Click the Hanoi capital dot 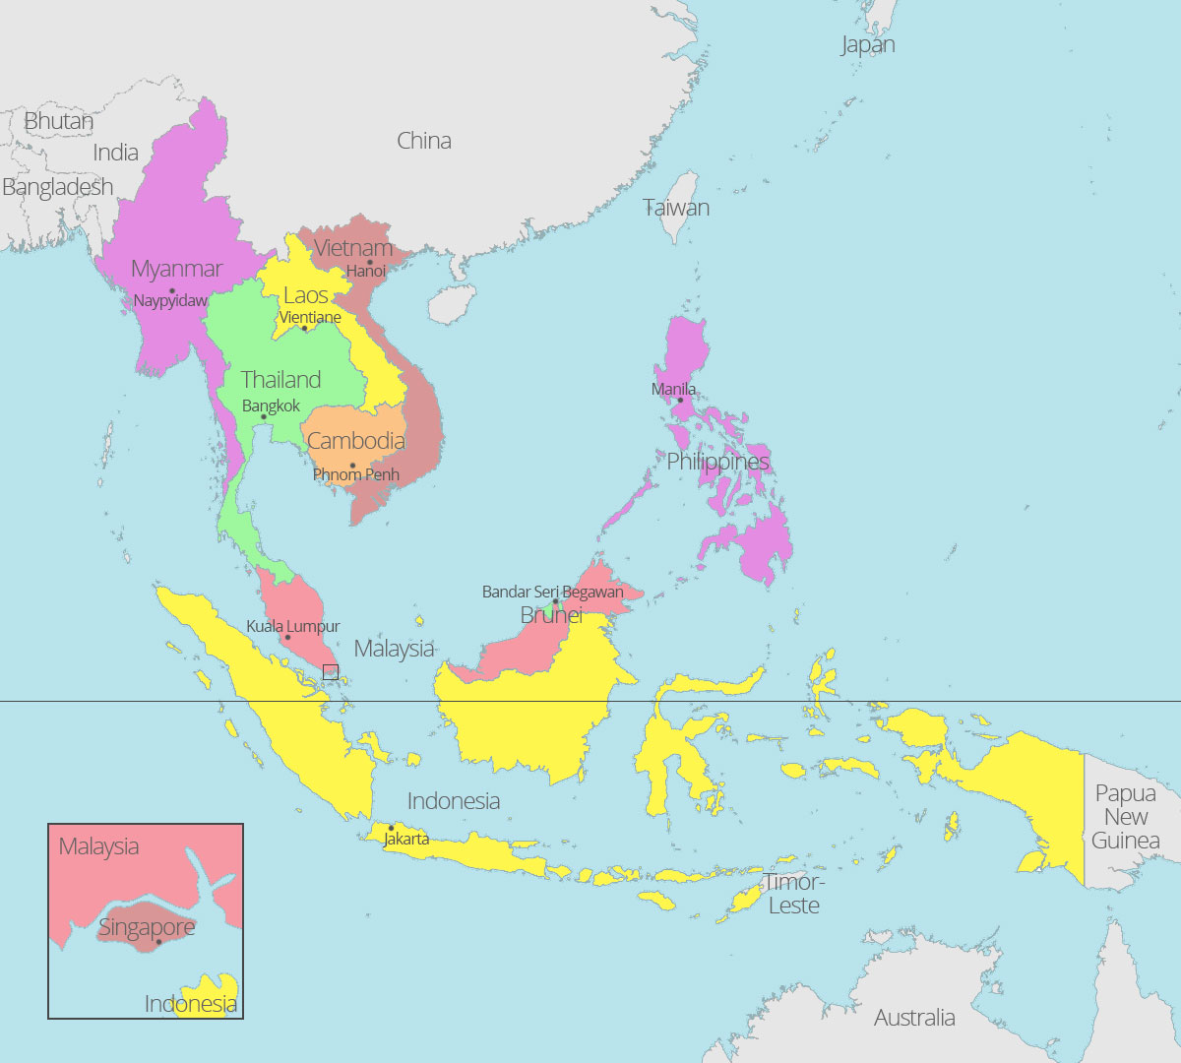pos(370,262)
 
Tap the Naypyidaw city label pos(170,301)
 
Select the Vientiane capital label pos(310,317)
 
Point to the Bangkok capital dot pos(264,417)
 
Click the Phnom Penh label pos(356,474)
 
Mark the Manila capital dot pos(679,400)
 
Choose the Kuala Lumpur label pos(293,626)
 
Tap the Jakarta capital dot pos(391,828)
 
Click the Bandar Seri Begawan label pos(552,592)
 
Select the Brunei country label pos(551,615)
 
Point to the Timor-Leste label pos(794,894)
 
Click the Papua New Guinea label pos(1125,817)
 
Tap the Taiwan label pos(676,208)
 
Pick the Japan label pos(868,44)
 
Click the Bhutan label pos(59,121)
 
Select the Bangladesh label pos(57,187)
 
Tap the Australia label pos(914,1018)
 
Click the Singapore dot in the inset pos(158,942)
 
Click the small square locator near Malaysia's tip pos(331,672)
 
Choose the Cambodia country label pos(356,441)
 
